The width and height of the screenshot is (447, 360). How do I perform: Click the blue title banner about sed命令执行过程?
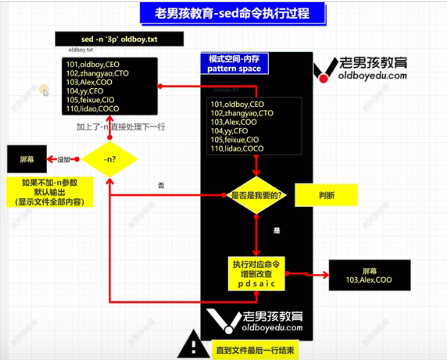point(232,13)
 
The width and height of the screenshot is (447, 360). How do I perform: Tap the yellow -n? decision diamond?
point(109,159)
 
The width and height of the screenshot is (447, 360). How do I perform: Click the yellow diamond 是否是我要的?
point(256,195)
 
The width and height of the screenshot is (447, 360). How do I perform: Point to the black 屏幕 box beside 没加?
point(27,159)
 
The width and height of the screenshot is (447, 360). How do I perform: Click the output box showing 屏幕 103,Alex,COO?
point(369,275)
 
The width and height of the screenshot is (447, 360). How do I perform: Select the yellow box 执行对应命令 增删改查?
point(256,274)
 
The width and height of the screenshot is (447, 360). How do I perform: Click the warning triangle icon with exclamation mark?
point(194,346)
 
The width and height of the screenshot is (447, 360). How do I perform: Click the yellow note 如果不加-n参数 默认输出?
point(50,192)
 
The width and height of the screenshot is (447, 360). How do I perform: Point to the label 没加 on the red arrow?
point(63,159)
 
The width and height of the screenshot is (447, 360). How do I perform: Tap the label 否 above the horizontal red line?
point(161,185)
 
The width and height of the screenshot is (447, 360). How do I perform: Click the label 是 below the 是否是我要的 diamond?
point(277,231)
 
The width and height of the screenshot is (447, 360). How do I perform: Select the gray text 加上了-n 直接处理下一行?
point(120,127)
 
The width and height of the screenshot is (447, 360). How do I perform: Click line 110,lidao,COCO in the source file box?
point(92,109)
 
